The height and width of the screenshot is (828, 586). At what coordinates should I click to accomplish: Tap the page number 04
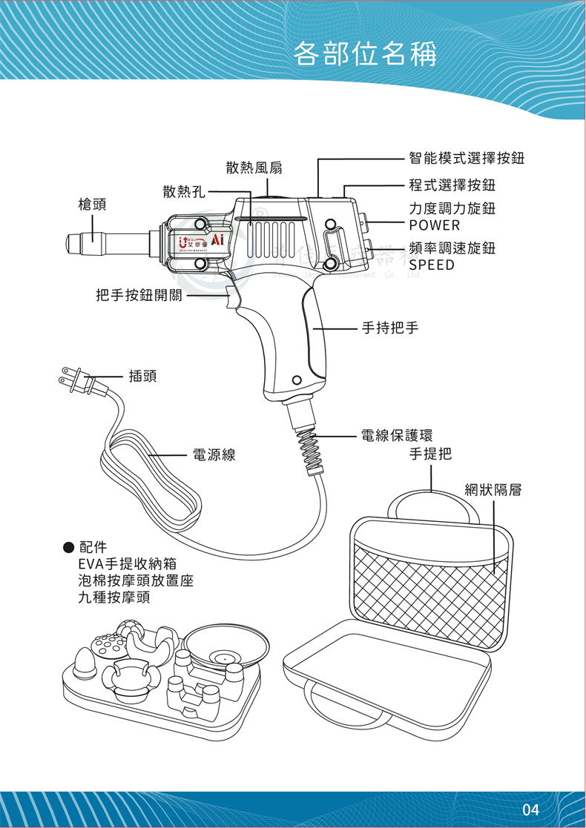tap(530, 808)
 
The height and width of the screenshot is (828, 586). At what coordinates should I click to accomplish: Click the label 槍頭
tap(93, 204)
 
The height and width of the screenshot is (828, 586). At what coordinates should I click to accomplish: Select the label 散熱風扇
tap(254, 168)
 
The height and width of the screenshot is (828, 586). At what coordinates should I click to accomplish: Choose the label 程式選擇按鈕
tap(452, 185)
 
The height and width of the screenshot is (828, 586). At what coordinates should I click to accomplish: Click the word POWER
tap(435, 225)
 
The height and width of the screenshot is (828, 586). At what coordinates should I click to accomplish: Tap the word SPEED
tap(432, 265)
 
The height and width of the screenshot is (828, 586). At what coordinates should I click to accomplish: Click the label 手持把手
tap(390, 326)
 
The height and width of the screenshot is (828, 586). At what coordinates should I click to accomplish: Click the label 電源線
tap(214, 455)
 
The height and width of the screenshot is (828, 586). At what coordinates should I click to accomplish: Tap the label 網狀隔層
tap(493, 490)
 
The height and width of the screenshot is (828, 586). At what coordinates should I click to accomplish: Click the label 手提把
tap(430, 454)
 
